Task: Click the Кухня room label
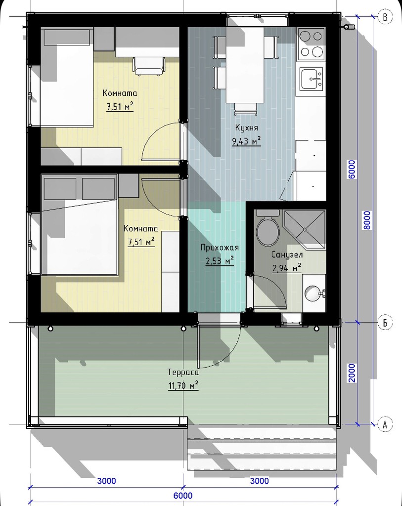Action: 246,128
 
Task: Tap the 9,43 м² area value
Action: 246,141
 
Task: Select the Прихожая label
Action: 220,248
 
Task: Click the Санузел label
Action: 287,254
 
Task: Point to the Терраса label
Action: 183,372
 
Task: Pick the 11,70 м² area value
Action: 183,385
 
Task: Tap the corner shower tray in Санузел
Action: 304,229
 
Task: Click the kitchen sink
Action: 312,79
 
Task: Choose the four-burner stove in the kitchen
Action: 312,44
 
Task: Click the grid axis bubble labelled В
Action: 385,16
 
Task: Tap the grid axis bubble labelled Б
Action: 385,322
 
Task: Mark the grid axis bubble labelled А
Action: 385,424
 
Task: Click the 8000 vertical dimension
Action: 367,220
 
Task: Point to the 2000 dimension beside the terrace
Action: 352,373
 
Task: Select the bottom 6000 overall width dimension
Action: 183,495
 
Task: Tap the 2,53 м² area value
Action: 220,260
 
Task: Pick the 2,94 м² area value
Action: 287,268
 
